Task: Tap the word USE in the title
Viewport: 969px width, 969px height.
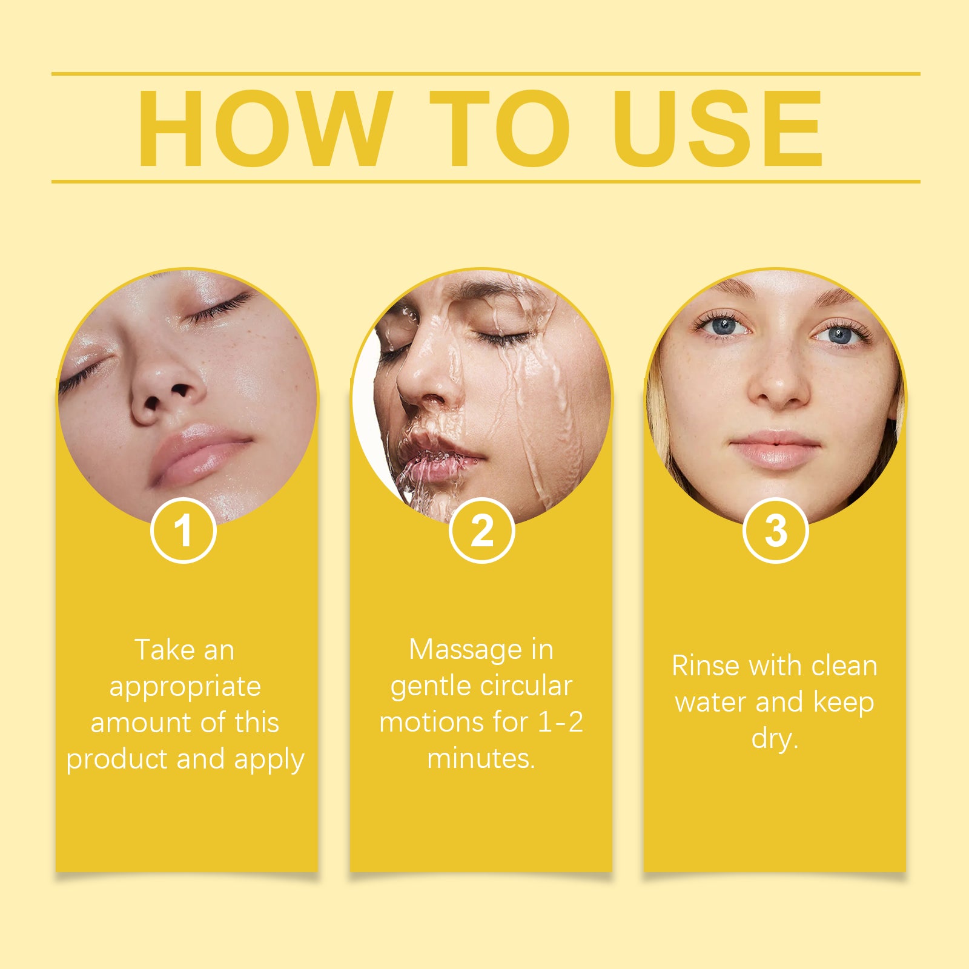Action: pos(718,128)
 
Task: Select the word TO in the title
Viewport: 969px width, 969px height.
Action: pos(500,128)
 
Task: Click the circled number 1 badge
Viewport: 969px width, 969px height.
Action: pos(184,531)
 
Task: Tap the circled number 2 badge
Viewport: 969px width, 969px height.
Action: pos(482,531)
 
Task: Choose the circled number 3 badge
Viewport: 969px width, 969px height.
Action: pos(775,531)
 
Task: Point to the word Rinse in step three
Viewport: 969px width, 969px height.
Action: pos(706,666)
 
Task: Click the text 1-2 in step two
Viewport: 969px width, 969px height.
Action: pos(560,722)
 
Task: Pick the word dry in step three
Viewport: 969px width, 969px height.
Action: pos(773,739)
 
